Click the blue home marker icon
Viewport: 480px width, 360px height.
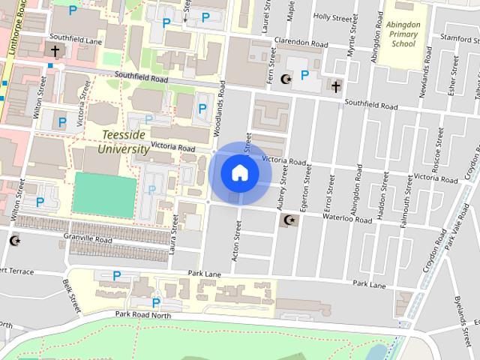coord(240,172)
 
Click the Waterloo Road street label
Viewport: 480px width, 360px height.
coord(347,219)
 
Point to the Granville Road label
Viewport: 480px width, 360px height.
coord(88,239)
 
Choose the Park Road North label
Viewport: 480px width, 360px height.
coord(143,316)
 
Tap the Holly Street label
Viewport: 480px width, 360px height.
coord(331,16)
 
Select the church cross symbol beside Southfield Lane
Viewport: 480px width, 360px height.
coord(55,51)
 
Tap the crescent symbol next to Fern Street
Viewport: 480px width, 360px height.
coord(285,79)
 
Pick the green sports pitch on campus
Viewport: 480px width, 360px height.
coord(104,195)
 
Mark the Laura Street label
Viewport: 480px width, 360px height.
coord(174,233)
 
